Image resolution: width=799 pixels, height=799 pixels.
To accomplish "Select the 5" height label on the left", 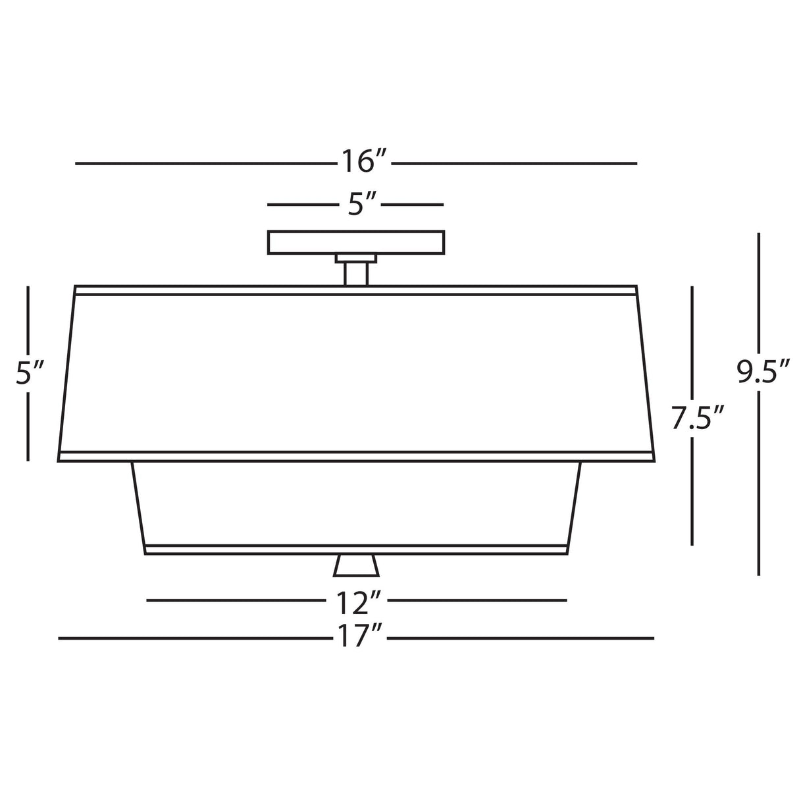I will (x=29, y=373).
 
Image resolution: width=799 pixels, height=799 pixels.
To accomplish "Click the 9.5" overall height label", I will (x=761, y=373).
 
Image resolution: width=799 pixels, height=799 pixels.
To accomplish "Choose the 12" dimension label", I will (x=358, y=601).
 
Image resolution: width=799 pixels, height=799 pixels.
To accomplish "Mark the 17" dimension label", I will (x=358, y=638).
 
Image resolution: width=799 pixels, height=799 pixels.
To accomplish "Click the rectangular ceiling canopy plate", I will (x=356, y=242).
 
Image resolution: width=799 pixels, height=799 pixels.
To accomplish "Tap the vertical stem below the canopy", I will (x=356, y=273).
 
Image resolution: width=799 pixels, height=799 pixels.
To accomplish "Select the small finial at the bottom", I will (x=356, y=565).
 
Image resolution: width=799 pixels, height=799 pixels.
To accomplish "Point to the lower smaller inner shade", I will (x=356, y=503).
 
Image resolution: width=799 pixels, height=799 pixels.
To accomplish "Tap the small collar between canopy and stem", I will (x=356, y=257).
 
